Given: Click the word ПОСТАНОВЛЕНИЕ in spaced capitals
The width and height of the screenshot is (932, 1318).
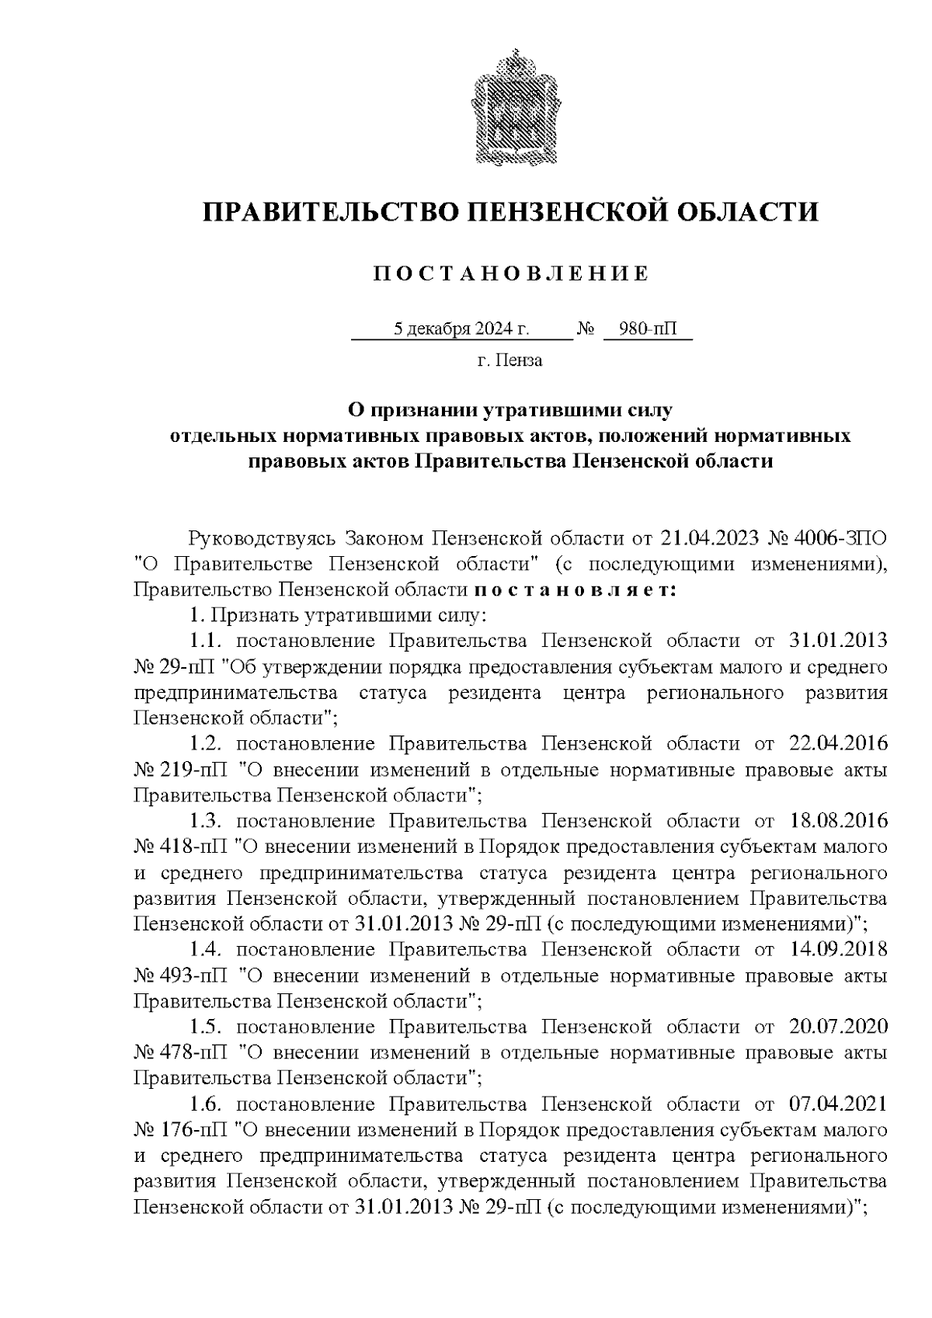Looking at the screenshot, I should coord(510,274).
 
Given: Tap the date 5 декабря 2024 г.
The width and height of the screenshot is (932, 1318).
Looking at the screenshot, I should coord(461,330).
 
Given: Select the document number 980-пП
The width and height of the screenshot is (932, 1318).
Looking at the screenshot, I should coord(649,330).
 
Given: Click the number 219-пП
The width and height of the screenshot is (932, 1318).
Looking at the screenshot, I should coord(193,770).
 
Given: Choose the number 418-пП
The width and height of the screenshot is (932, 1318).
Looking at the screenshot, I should coord(193,847).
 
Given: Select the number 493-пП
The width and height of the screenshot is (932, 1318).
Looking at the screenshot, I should coord(193,975).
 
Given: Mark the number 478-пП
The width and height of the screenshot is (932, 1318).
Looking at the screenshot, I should coord(193,1053).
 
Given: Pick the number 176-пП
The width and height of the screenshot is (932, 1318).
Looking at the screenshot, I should coord(193,1130).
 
